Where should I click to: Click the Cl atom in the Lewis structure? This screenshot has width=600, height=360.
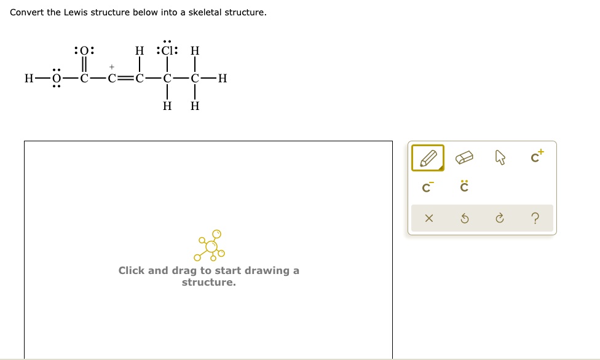point(167,50)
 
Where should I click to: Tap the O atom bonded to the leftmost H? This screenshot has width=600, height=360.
point(56,78)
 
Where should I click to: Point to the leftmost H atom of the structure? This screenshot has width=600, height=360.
point(28,78)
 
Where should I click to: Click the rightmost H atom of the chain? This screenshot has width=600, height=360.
point(222,78)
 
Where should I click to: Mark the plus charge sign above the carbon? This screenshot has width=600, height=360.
point(111,65)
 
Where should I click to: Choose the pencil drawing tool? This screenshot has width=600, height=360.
point(427,158)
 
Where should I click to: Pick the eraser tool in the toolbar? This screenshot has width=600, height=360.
point(465,158)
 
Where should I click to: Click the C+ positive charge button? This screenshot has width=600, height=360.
point(537,158)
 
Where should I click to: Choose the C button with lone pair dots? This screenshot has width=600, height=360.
point(465,187)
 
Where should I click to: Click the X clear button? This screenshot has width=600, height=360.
point(428,218)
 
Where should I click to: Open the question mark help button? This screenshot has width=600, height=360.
point(536,218)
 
